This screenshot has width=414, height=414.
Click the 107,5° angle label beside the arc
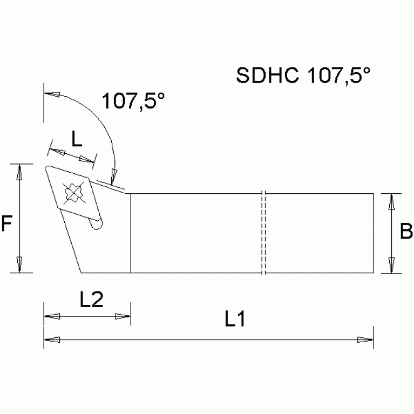(133, 100)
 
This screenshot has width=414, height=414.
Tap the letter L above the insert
(77, 140)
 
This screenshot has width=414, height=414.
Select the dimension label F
(6, 224)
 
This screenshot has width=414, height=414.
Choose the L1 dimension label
(235, 320)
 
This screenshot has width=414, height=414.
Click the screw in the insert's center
(71, 193)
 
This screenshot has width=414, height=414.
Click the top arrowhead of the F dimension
(19, 172)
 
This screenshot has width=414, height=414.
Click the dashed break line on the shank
(263, 233)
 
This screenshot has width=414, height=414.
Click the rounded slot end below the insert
(96, 225)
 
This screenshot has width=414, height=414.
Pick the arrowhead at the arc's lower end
(114, 176)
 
